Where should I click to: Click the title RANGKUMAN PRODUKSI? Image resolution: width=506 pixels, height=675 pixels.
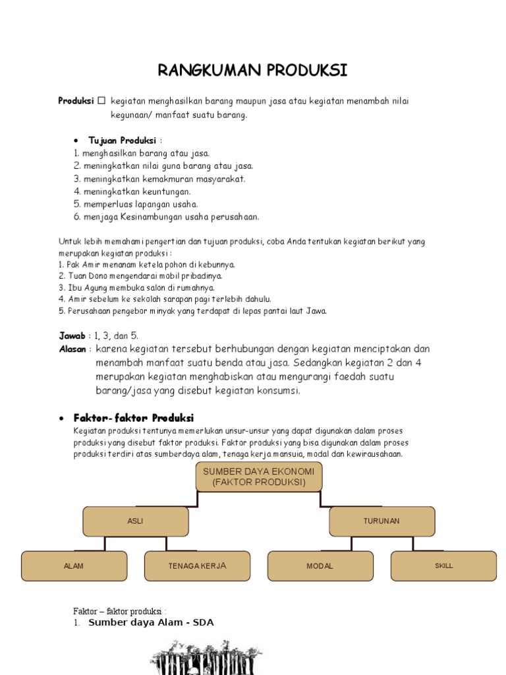point(252,71)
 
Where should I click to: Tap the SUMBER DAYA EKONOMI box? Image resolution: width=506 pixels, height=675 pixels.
point(259,477)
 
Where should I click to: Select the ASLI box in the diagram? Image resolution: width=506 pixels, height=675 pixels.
point(135,521)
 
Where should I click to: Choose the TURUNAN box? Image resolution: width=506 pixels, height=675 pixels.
point(381,521)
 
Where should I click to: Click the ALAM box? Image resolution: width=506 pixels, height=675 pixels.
point(74,566)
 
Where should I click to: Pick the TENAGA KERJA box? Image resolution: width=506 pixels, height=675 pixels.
point(197,566)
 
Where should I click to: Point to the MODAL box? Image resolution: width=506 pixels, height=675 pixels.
point(320,566)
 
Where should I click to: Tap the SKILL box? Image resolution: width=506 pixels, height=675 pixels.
point(443,566)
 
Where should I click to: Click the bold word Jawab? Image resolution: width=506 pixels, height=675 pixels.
point(72,336)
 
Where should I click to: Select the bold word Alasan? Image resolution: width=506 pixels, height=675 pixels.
point(73,349)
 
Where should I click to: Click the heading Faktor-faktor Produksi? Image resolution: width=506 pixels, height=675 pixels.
point(134,418)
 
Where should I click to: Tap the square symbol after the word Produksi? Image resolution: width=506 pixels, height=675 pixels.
point(101,101)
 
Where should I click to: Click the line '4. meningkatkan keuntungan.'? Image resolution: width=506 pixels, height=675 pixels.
point(132,191)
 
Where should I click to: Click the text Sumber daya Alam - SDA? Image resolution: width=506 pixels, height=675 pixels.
point(151,622)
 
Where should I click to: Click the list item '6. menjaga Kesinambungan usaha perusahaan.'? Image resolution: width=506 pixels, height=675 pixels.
point(167,216)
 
